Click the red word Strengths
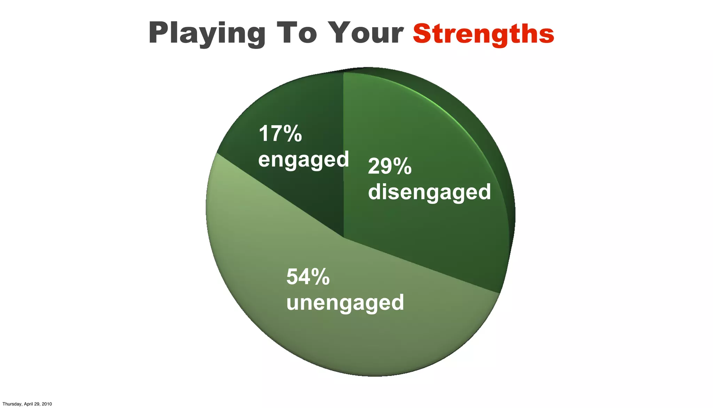pos(483,34)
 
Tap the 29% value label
pos(390,166)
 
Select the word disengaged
pos(429,192)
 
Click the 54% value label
pos(308,277)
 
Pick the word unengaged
pos(345,303)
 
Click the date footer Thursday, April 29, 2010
pos(27,404)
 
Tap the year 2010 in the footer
pos(47,404)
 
